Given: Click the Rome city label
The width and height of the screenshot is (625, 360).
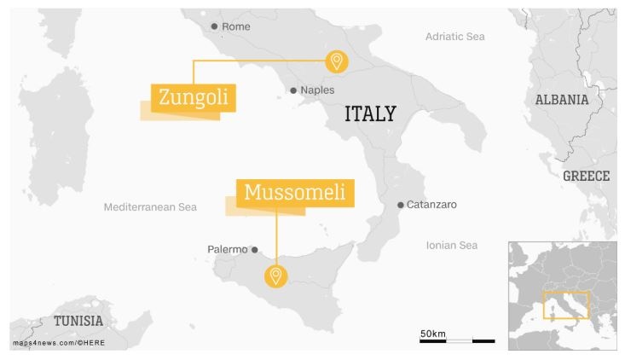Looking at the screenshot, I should (x=236, y=27).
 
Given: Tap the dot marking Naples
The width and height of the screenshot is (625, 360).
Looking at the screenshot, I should (x=293, y=90).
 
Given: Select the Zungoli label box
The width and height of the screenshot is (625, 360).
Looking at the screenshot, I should (x=193, y=98).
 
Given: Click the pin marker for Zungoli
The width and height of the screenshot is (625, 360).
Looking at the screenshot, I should (x=337, y=61).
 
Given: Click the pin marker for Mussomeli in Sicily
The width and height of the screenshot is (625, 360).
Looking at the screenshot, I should (x=275, y=276).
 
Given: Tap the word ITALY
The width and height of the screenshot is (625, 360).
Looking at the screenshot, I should (x=370, y=113).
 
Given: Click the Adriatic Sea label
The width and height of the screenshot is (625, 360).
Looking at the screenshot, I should (x=454, y=37).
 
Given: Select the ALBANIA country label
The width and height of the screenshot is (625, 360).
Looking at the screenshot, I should (x=561, y=100).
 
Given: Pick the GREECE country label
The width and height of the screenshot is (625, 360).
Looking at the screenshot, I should (x=586, y=177).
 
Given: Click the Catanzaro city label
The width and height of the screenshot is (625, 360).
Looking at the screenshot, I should (x=431, y=205).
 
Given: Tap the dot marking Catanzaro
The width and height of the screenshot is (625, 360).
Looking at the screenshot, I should (x=401, y=205).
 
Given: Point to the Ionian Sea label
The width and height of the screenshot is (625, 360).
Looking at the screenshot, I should (x=452, y=246).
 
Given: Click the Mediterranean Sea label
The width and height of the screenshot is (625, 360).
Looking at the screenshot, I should (x=150, y=207).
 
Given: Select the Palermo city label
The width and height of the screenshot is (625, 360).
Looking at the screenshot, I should (x=227, y=250).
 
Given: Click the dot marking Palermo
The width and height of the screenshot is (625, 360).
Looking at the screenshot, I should (x=254, y=250).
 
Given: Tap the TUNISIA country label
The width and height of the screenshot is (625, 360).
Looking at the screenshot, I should (x=78, y=322).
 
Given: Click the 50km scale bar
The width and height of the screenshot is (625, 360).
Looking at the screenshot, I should (x=457, y=340).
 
